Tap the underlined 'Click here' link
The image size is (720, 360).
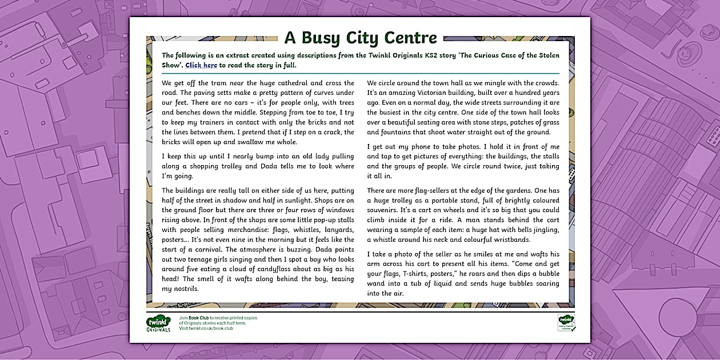pyautogui.click(x=201, y=65)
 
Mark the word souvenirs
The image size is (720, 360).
pyautogui.click(x=385, y=210)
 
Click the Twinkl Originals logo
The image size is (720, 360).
pyautogui.click(x=158, y=323)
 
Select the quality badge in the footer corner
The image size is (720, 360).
pyautogui.click(x=566, y=322)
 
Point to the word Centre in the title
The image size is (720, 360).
pyautogui.click(x=410, y=38)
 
